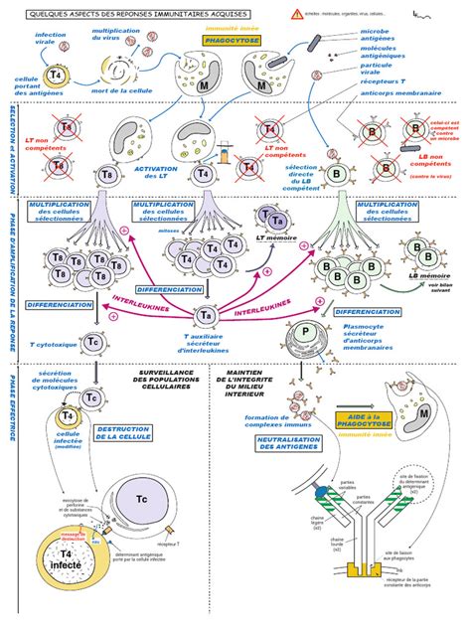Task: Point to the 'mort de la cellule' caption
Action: click(117, 91)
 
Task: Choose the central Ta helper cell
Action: click(208, 315)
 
